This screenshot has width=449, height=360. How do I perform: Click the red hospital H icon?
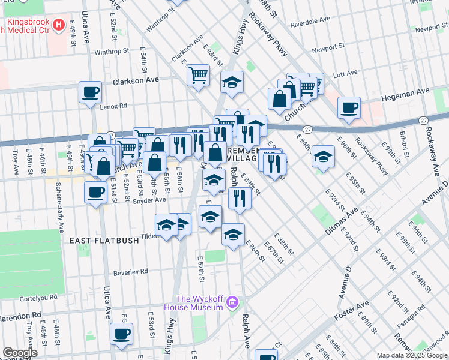(59, 25)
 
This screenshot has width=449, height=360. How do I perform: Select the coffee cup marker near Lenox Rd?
(91, 92)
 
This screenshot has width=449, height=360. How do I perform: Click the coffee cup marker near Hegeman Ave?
(349, 107)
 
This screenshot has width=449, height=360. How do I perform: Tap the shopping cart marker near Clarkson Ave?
(198, 76)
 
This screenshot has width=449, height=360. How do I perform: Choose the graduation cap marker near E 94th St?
(323, 157)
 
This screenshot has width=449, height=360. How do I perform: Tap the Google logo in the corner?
(20, 353)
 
